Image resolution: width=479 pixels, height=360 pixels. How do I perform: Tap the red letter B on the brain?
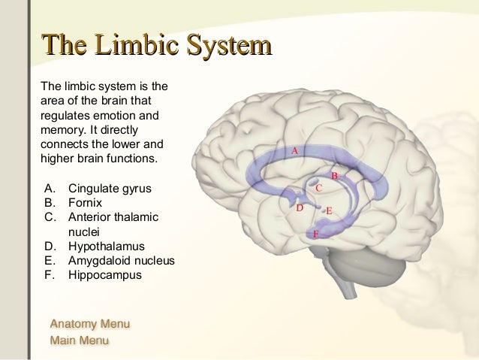(x=334, y=176)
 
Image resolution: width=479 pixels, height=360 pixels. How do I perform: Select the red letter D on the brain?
(x=300, y=207)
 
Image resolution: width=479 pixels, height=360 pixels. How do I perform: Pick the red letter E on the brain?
(x=329, y=211)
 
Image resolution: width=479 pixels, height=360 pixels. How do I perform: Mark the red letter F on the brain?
(x=315, y=234)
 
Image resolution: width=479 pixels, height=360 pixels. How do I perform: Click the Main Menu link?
(x=79, y=340)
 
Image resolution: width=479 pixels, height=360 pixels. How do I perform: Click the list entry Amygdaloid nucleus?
(x=121, y=261)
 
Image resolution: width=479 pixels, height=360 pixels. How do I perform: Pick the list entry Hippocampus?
(x=104, y=275)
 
